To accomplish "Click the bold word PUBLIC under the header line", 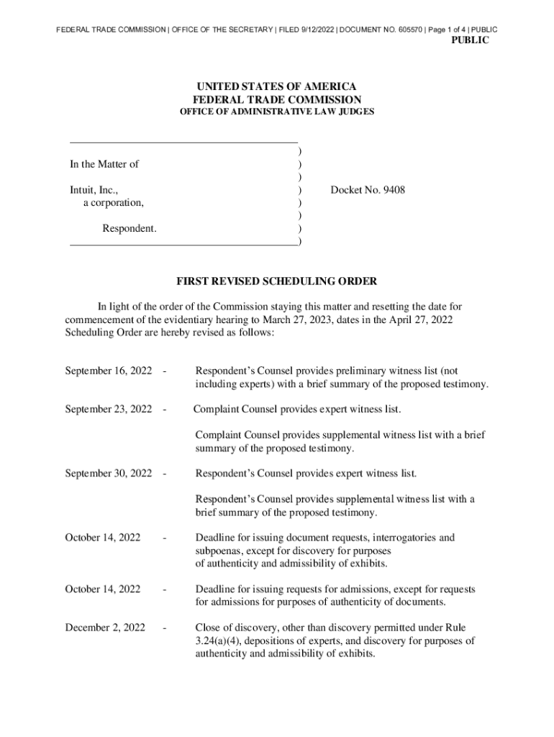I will pos(469,41).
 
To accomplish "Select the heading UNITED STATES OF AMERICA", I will pos(277,86).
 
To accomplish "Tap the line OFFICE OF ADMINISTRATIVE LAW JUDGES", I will pos(276,112).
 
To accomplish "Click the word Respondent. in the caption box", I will pos(130,229).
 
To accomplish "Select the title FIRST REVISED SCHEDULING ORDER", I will pos(277,281).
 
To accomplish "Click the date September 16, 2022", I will pos(108,371).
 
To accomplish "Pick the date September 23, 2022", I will pos(108,410).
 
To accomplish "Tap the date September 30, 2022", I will pos(108,474).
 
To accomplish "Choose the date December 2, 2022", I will pos(105,628).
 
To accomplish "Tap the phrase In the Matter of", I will pos(104,164).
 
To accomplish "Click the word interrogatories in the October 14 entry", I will pos(391,538).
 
